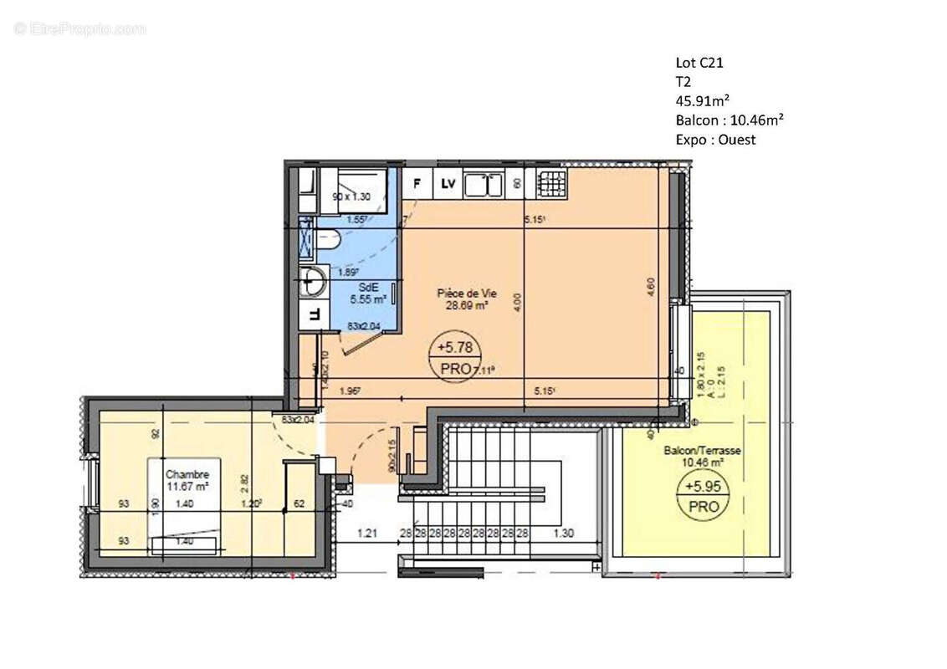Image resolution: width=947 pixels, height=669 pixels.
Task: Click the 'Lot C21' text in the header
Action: point(699,62)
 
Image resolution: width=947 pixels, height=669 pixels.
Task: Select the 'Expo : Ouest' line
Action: point(715,140)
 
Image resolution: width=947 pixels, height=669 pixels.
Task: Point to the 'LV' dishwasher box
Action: point(448,183)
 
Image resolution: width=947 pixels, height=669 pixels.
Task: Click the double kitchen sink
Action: point(483,183)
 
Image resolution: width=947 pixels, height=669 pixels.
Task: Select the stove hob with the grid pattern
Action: point(552,182)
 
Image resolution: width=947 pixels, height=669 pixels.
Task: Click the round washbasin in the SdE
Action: point(315,282)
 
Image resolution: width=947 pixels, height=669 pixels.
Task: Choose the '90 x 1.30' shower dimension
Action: point(352,197)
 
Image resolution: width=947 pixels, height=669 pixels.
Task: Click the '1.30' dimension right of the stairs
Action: point(565,533)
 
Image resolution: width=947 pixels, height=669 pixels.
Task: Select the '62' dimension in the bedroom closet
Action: point(299,504)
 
